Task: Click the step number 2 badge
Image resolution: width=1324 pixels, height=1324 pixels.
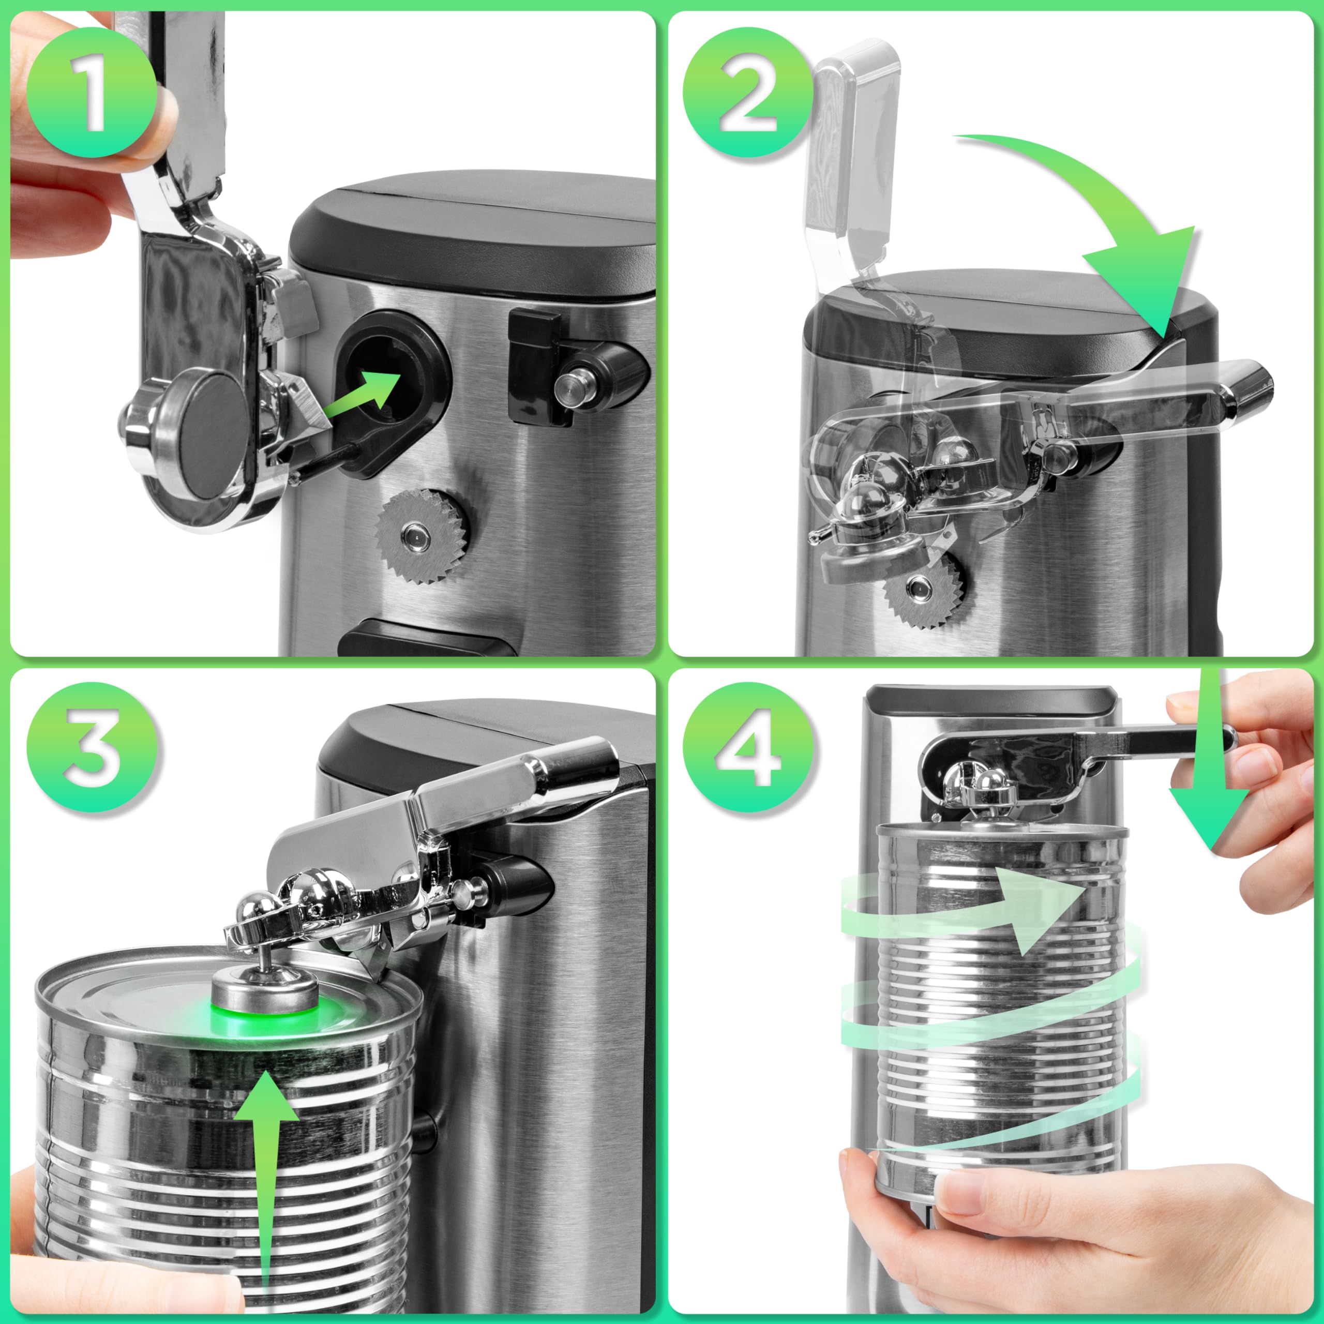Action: tap(748, 93)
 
